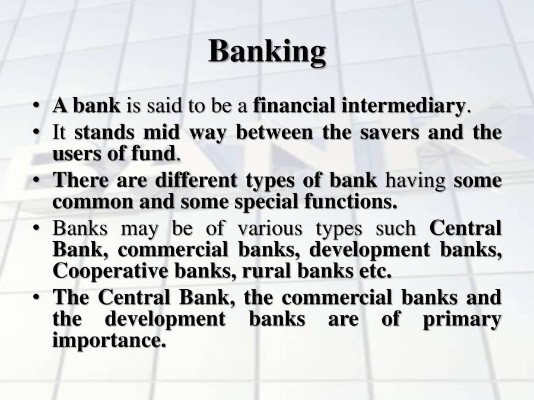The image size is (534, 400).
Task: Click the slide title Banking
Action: click(x=267, y=52)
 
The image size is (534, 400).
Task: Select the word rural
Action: click(x=266, y=271)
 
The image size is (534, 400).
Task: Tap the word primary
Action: click(x=462, y=319)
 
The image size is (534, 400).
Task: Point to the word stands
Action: click(x=101, y=132)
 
